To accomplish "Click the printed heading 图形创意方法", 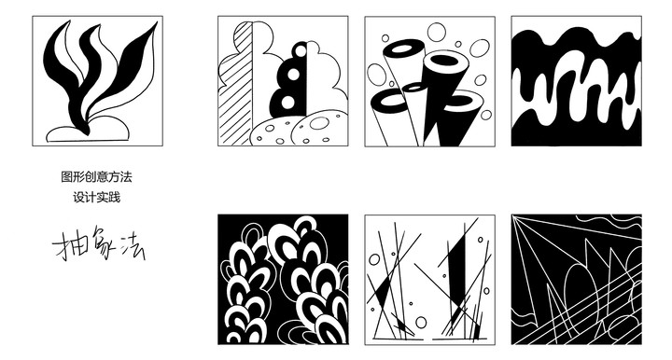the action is coord(96,177).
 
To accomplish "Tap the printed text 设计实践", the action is coord(96,198).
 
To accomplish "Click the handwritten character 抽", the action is coord(65,245).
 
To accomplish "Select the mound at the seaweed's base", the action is coord(88,132).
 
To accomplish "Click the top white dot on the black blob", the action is coord(301,51).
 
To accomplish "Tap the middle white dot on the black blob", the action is coord(294,75).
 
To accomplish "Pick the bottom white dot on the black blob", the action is coord(288,102).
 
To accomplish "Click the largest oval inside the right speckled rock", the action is coord(319,123).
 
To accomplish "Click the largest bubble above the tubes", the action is coord(437,32).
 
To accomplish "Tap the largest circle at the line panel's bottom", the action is coord(421,323).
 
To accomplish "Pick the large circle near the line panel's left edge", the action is coord(374,259).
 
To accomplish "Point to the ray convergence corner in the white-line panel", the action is coord(513,216).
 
